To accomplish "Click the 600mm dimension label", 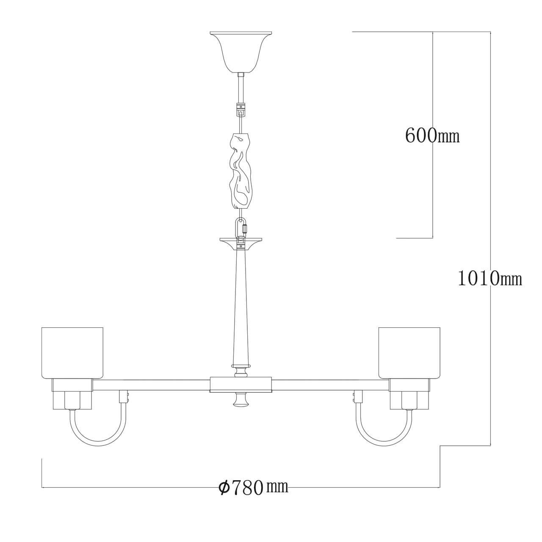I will coord(432,135).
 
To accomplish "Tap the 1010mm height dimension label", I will coord(490,279).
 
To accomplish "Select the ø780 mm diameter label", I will coord(253,487).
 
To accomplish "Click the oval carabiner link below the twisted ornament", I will coord(241,228).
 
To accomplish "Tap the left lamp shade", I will coord(72,352).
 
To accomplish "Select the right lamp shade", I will coord(409,352).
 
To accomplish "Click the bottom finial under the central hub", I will coord(240,400).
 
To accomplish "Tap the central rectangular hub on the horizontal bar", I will coord(240,384).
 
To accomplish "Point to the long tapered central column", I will coord(240,305).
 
